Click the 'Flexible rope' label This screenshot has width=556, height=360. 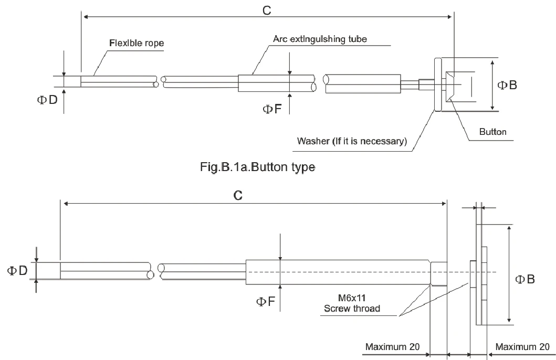137,43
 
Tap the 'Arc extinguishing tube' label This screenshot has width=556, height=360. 320,39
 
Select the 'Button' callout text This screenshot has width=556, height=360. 493,132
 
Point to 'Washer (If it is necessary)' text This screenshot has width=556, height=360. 352,141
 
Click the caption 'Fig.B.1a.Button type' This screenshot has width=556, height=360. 258,166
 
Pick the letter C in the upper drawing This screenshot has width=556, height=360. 267,10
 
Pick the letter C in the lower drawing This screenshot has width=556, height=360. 238,195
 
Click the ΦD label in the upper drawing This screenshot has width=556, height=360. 47,100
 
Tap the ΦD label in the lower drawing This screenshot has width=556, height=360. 17,271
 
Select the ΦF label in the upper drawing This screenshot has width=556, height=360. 272,109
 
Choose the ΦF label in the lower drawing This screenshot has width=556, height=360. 266,302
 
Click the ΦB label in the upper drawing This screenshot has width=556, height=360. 507,85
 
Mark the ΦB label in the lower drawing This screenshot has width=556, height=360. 525,279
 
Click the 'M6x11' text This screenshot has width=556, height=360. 352,298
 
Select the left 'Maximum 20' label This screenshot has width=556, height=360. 393,346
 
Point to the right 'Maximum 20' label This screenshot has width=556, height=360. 522,346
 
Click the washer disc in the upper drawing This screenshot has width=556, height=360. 438,84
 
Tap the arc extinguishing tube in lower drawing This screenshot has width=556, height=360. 338,272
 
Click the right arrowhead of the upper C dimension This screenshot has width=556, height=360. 449,17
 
